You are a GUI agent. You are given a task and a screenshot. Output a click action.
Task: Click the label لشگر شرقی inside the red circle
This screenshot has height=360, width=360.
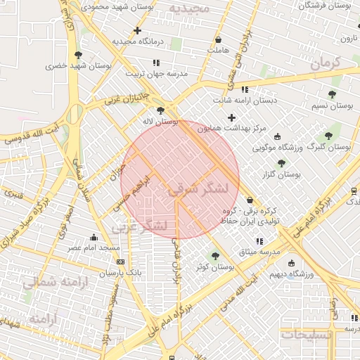click(199, 188)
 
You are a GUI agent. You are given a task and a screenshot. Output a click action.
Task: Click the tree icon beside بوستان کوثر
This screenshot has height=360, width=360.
click(214, 256)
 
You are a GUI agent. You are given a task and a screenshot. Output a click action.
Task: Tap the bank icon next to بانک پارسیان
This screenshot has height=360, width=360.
click(120, 262)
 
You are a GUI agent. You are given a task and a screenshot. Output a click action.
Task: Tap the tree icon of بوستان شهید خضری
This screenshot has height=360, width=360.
click(77, 54)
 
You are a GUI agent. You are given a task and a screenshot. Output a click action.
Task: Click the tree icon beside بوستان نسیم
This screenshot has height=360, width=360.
click(332, 94)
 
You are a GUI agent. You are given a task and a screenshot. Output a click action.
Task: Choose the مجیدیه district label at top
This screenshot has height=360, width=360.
click(189, 8)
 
